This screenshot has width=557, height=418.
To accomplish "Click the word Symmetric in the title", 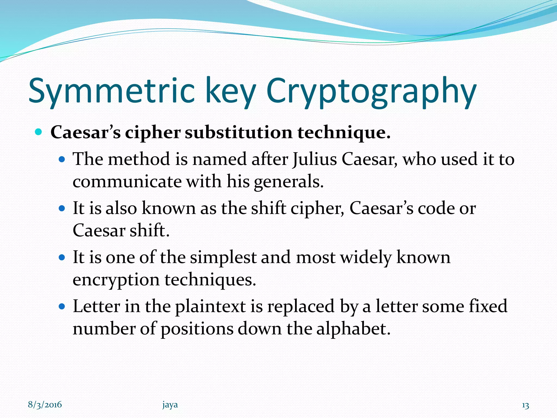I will click(x=112, y=91).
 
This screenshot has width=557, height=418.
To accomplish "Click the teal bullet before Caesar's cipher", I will click(x=39, y=132).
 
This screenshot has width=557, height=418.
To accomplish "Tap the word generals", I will click(x=288, y=182).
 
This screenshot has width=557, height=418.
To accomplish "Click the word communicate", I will click(x=127, y=182).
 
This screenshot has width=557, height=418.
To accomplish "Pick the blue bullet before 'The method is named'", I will click(x=62, y=159).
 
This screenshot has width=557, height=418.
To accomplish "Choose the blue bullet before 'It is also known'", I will click(x=62, y=208).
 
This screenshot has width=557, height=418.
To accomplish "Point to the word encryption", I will click(x=116, y=280).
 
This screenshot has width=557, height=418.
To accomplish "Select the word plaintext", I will click(x=210, y=306).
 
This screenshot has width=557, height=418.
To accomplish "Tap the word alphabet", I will click(x=353, y=329).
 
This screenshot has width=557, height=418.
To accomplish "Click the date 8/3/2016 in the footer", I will click(x=45, y=405).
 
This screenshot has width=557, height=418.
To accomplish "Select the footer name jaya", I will click(x=170, y=405).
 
